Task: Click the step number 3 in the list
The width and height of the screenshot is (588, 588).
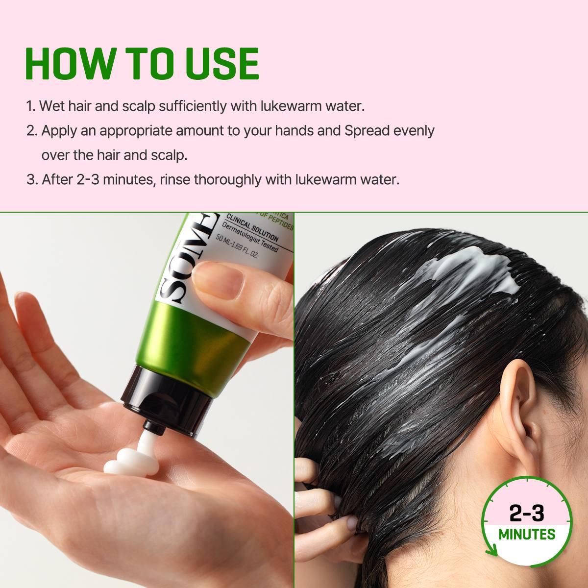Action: pos(31,179)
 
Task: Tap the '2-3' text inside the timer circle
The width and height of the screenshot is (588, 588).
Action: pos(527,513)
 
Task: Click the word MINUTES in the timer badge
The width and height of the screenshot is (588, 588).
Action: pos(527,534)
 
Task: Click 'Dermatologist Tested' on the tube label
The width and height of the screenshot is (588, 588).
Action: pos(250,238)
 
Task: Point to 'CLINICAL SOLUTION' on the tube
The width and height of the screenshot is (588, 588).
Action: pos(252,229)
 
